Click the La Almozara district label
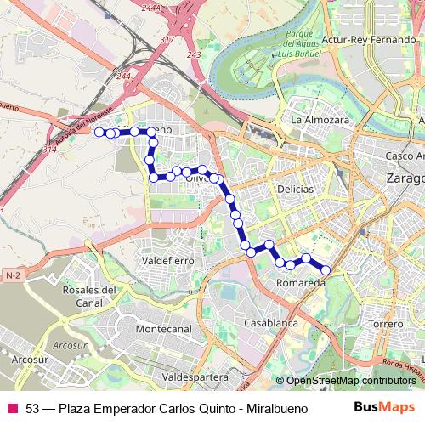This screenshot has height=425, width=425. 320,121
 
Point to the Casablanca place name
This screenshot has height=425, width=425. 270,324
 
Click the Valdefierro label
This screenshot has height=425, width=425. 170,259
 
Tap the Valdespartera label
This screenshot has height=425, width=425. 195,375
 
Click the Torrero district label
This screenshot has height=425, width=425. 385,324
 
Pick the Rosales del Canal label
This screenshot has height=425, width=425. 88,296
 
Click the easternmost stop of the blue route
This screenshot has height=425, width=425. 325,270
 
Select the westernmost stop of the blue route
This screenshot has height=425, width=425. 99,132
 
